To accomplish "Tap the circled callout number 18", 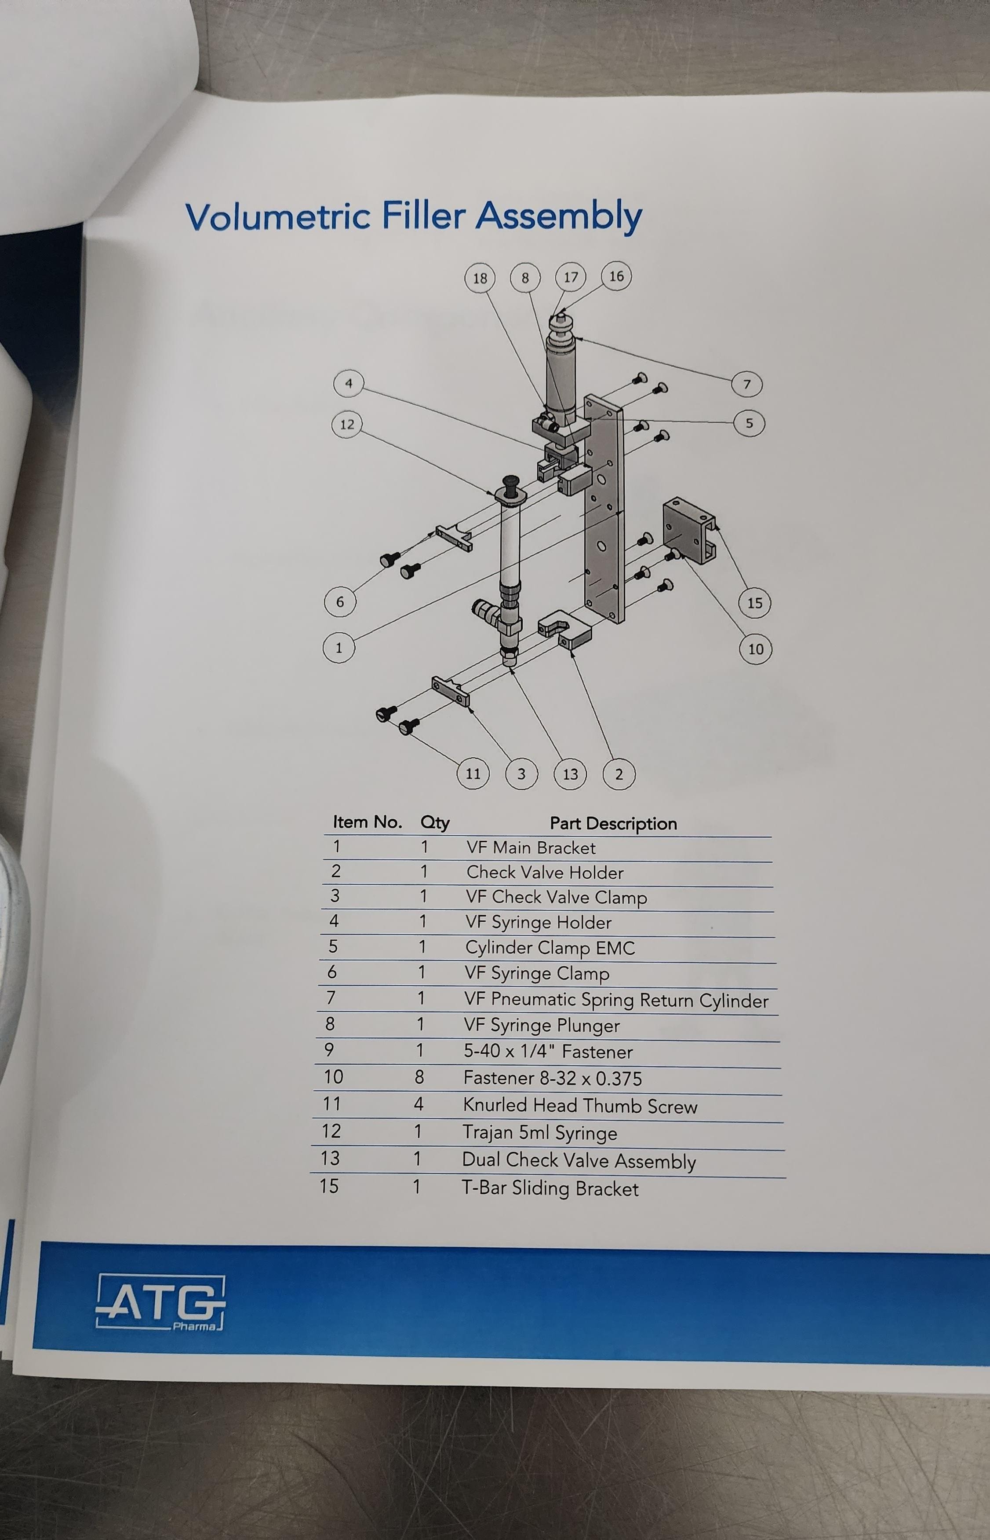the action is tap(480, 279).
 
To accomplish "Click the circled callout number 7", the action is tap(747, 385).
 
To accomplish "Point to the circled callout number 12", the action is tap(347, 425).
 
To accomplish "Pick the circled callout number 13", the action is tap(570, 774).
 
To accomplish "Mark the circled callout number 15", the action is tap(755, 603).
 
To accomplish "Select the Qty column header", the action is tap(435, 823).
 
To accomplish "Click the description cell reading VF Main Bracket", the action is tap(531, 848).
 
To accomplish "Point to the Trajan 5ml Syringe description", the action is tap(540, 1133).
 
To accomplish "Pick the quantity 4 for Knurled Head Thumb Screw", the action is tap(419, 1104).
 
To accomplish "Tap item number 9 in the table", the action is tap(329, 1050).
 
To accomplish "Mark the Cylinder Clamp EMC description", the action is tap(550, 948).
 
